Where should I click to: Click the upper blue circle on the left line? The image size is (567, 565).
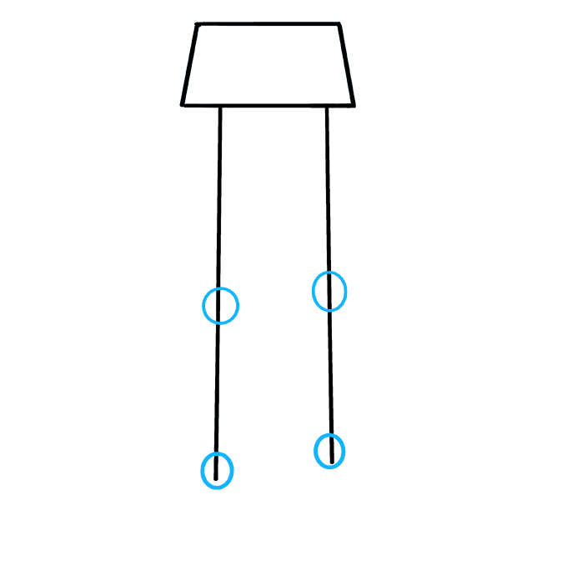[x=221, y=306]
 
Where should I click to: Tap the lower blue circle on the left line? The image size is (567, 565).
[x=217, y=471]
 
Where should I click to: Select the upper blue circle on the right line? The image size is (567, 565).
[x=329, y=292]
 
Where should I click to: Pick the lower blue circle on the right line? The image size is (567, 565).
[x=329, y=451]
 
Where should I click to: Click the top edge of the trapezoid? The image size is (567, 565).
[x=267, y=24]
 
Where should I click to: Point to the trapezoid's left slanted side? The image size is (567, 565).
[x=189, y=65]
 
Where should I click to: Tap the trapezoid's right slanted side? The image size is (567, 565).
[x=347, y=65]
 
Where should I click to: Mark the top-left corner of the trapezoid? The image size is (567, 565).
[x=197, y=24]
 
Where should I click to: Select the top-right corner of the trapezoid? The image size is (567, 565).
[x=339, y=24]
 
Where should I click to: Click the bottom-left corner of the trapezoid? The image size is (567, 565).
[x=182, y=105]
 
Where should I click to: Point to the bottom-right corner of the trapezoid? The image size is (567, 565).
[x=354, y=106]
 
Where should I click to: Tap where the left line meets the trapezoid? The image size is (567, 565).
[x=220, y=106]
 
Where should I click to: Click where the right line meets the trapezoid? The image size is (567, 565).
[x=326, y=106]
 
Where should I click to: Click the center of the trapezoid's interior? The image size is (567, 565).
[x=268, y=65]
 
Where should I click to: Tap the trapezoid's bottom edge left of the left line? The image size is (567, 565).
[x=201, y=106]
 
